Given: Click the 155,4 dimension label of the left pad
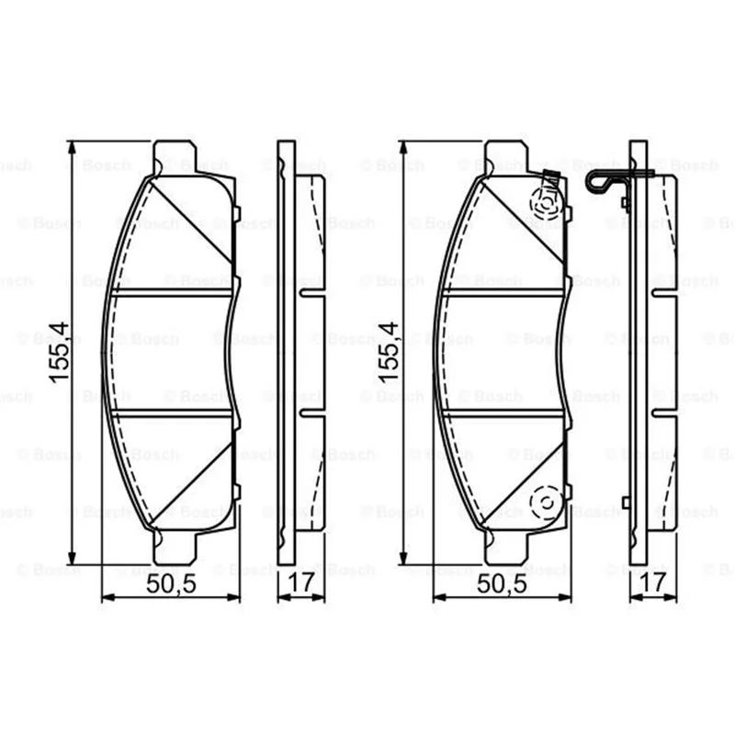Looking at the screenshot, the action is [x=60, y=353].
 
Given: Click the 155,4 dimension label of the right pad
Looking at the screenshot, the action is [x=389, y=353].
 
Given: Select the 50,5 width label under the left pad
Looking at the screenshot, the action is [x=171, y=583].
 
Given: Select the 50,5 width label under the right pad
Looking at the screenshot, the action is [x=502, y=583].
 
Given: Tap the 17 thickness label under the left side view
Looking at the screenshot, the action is [x=300, y=582].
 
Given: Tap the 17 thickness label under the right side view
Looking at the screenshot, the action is [x=652, y=582].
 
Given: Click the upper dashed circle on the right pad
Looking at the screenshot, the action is [x=545, y=204].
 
